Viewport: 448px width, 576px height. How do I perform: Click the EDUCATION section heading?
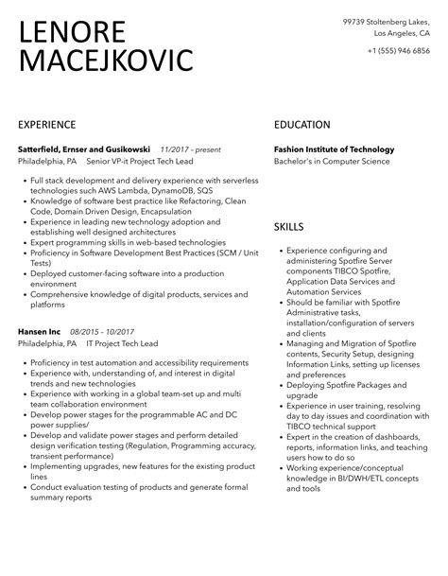tap(302, 125)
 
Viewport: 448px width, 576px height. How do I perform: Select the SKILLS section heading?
tap(289, 227)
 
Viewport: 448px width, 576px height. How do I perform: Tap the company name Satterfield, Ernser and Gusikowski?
tap(84, 148)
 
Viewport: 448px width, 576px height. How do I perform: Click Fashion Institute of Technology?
tap(334, 148)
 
